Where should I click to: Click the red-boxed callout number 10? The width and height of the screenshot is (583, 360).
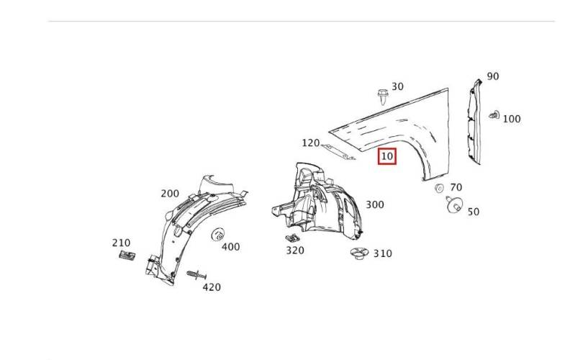pos(387,156)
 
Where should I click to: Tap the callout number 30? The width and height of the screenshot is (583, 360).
pos(397,86)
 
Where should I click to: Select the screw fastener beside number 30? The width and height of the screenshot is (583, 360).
pos(382,96)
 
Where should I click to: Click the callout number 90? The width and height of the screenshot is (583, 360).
pos(492,76)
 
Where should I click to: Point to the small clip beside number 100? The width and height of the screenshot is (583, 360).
pos(494,115)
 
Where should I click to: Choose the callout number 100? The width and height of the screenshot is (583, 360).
pos(512,119)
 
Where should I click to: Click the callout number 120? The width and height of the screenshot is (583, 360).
pos(310,143)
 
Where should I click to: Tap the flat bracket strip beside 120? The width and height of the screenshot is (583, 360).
pos(338,152)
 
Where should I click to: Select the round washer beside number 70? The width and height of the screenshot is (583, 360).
pos(439,189)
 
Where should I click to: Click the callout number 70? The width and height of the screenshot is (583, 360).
pos(456,187)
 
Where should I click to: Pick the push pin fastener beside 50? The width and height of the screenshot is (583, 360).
pos(454,204)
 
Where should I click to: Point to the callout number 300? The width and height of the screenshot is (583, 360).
pos(375,204)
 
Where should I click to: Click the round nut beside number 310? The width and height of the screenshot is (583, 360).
pos(360,253)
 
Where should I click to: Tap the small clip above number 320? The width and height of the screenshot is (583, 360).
pos(293,238)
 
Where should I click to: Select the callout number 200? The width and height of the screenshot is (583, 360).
pos(170,194)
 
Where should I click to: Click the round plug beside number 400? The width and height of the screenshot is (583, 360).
pos(218,235)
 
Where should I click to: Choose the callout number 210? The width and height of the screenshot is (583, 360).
pos(121,243)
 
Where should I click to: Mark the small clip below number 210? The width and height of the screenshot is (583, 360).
pos(127,256)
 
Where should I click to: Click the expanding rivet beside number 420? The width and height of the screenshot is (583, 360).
pos(196,275)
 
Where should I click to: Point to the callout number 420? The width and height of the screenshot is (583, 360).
pos(212,287)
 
